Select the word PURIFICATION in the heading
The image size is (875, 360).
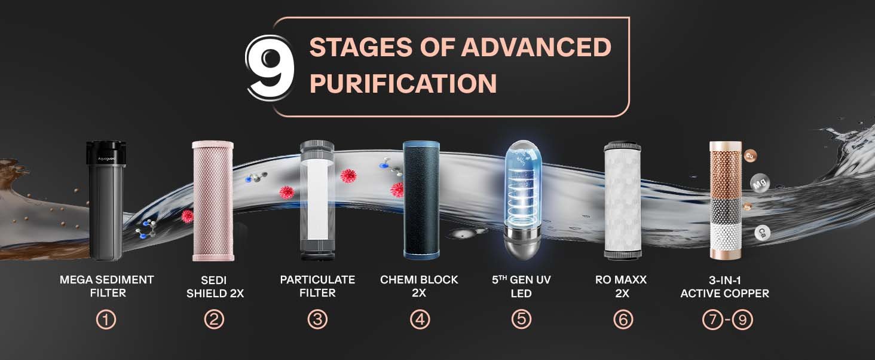tap(403, 84)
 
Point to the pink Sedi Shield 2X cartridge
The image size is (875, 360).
tap(213, 200)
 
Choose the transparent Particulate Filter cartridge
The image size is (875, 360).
tap(317, 200)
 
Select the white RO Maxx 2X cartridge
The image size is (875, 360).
tap(622, 200)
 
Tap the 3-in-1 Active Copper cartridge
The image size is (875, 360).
tap(725, 200)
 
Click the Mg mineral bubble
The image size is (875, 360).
tap(759, 184)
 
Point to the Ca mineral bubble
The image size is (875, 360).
tap(762, 233)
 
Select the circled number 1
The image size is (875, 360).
tap(106, 320)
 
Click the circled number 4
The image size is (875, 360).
tap(420, 320)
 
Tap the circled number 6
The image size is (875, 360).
tap(623, 320)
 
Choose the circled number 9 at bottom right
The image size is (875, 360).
tap(742, 320)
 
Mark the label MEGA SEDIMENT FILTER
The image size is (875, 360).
tap(106, 286)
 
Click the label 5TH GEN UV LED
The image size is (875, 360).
tap(521, 286)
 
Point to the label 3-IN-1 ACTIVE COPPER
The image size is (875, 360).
tap(724, 286)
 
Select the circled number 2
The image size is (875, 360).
tap(213, 320)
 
